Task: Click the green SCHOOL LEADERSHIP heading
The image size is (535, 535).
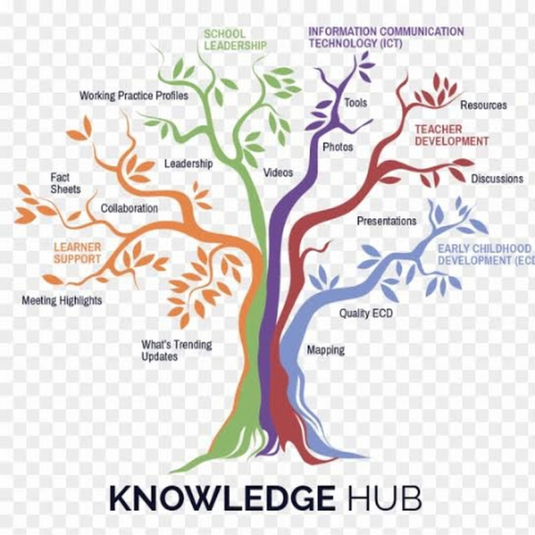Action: pos(235,39)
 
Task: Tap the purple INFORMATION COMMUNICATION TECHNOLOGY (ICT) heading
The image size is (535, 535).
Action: pos(386,37)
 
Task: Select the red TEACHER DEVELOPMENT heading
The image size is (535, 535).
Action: pos(451,135)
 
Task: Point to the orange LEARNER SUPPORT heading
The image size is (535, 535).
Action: pos(78,253)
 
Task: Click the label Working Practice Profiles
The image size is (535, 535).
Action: pos(134,96)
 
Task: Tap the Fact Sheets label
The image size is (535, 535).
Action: pos(66,183)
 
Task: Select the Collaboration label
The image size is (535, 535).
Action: pos(129,208)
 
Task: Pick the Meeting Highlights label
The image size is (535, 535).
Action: pos(62,300)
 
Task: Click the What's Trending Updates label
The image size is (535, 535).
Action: pos(177,350)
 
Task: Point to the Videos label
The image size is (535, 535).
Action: pos(278,173)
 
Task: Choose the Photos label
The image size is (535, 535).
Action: pos(338,147)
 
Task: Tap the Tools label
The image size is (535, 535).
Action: pos(356,103)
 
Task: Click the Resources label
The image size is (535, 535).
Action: pos(484,105)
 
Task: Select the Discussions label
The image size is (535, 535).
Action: pos(497,179)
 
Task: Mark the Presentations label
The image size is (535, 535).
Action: pos(387,221)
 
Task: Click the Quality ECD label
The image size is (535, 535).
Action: pos(366,313)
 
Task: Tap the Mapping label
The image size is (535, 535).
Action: pos(326,350)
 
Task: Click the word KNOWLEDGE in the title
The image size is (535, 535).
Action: pos(223,498)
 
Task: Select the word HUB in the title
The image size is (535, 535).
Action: pos(385,498)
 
